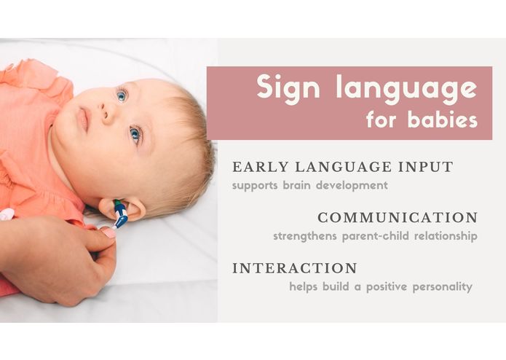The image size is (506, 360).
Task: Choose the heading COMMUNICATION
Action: click(398, 218)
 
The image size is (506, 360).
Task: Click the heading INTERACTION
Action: click(295, 268)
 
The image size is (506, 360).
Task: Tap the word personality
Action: click(443, 287)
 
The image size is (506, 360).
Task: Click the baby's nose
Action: click(107, 112)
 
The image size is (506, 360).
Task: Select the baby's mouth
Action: click(83, 119)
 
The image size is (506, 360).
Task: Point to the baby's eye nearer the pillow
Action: click(135, 133)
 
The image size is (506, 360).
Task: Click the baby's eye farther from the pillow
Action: click(122, 95)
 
